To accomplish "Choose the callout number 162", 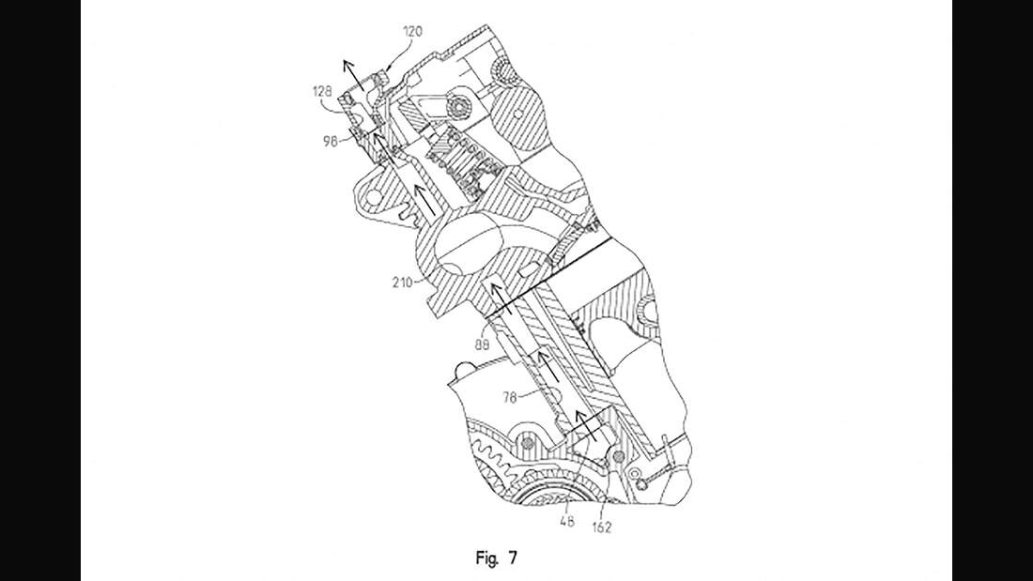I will pyautogui.click(x=601, y=527).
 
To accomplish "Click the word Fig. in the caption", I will pyautogui.click(x=486, y=558).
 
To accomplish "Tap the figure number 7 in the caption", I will pyautogui.click(x=513, y=558).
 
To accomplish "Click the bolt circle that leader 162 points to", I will pyautogui.click(x=617, y=458).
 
